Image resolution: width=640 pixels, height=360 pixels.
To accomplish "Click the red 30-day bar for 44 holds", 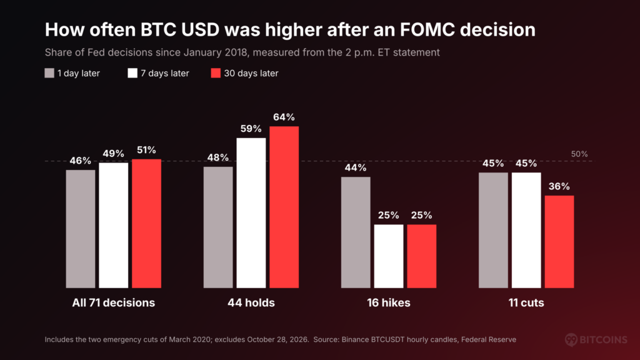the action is tap(284, 207).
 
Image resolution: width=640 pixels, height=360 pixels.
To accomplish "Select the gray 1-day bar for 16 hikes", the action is tap(356, 232).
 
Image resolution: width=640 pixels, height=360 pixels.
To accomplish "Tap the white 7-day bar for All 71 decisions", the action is tap(114, 225).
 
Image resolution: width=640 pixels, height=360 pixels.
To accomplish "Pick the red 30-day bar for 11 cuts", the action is tap(559, 242).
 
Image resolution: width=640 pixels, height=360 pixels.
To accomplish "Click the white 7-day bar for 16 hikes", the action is tap(389, 256).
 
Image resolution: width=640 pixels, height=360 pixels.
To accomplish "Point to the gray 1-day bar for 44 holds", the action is tap(218, 227).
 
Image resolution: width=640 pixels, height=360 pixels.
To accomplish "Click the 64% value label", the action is tap(284, 117).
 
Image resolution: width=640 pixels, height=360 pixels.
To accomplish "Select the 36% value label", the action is tap(559, 186).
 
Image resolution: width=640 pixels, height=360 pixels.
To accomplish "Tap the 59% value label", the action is tap(251, 129).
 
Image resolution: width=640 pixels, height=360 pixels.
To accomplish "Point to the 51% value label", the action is tap(146, 150).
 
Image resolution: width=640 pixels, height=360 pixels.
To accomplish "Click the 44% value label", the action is tap(356, 167).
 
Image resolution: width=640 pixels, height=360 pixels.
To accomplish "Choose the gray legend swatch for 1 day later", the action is tap(49, 73).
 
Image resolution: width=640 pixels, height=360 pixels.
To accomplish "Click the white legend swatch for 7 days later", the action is tap(132, 73).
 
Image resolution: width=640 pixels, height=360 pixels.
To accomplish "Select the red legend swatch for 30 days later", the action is tap(216, 73).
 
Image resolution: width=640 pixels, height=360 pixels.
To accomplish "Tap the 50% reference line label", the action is tap(579, 154).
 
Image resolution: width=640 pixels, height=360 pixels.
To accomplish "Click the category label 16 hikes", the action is tap(389, 303).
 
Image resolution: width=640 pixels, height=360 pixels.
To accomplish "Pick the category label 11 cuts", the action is tap(526, 303).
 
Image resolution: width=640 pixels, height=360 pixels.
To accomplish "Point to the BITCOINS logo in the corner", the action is tap(596, 339).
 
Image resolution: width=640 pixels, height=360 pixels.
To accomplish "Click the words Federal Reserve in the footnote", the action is tap(489, 339).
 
